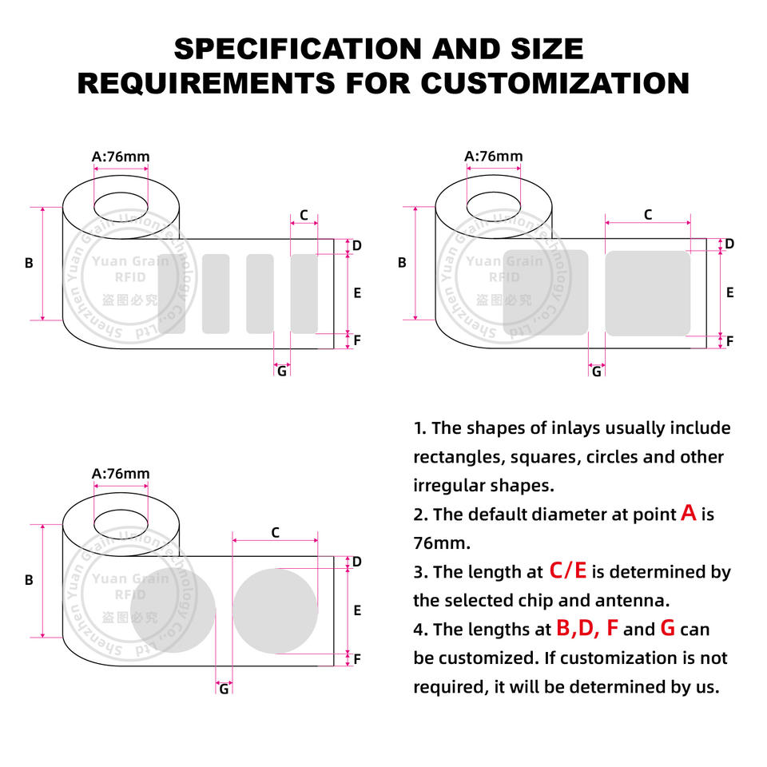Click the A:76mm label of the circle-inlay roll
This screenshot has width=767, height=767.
[x=121, y=473]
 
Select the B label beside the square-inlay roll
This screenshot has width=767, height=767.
[x=402, y=262]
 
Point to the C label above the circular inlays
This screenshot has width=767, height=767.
[x=275, y=532]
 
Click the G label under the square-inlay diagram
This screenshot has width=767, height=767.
[x=596, y=371]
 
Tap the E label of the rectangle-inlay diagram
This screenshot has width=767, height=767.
[x=357, y=293]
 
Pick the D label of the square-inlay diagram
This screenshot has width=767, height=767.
[x=729, y=244]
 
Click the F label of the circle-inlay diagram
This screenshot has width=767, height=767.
[x=357, y=659]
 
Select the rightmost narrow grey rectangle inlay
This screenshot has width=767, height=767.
[x=304, y=293]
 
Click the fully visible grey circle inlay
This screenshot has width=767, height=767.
[x=276, y=610]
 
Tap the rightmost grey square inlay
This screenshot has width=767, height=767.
[x=647, y=293]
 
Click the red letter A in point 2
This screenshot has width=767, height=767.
[x=689, y=514]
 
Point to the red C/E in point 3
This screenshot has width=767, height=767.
[x=568, y=570]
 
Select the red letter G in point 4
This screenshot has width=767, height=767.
[x=668, y=629]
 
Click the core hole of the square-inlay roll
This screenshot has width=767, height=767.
[x=494, y=205]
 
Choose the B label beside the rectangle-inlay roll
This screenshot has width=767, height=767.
[x=29, y=262]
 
